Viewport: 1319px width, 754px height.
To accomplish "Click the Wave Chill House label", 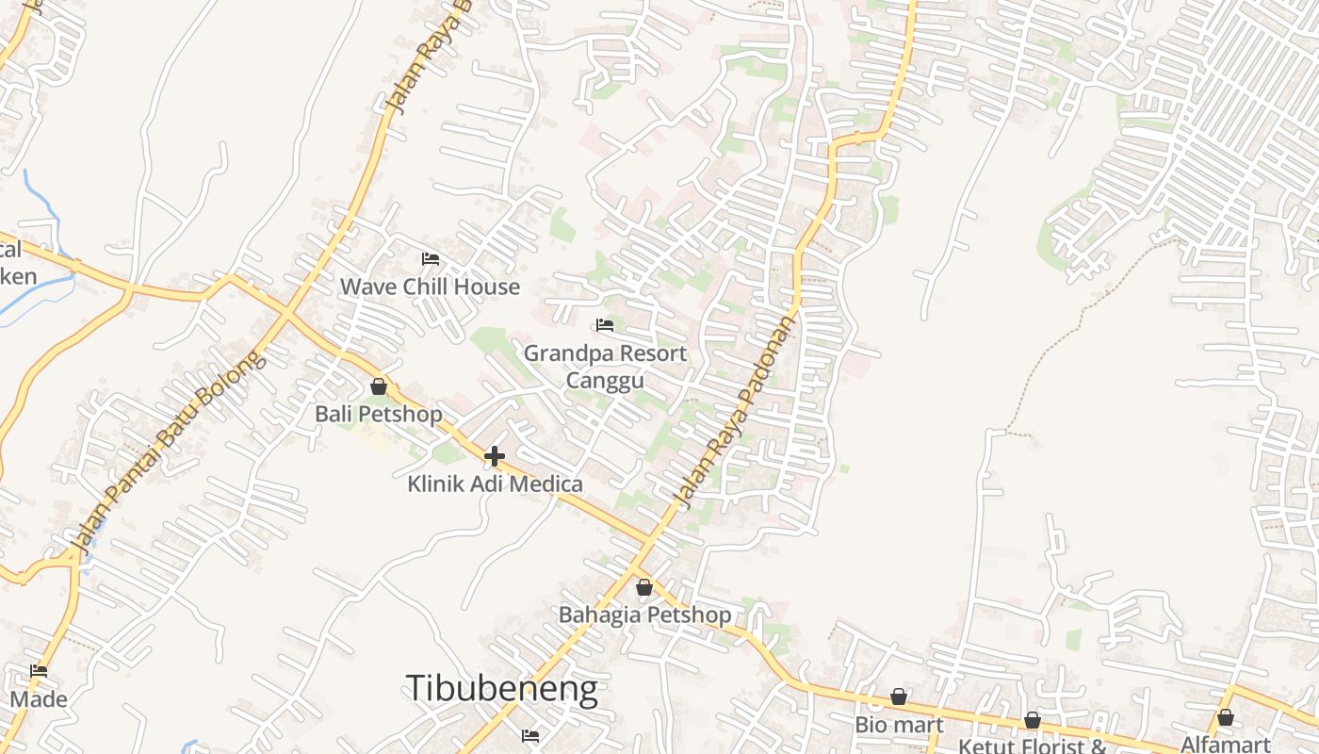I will click(430, 287).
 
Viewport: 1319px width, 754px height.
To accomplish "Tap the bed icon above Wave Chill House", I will click(431, 258).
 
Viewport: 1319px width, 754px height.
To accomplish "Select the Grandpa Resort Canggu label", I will click(605, 367).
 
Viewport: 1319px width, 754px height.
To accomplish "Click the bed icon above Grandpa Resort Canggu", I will click(605, 325).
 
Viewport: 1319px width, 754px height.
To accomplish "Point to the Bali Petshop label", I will click(378, 414).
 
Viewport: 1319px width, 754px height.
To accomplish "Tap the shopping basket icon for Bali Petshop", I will click(379, 386).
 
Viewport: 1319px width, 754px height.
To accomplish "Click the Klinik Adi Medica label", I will click(495, 484).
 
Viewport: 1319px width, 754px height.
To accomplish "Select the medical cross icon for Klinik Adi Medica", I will click(495, 457).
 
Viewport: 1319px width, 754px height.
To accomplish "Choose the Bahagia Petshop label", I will click(644, 615).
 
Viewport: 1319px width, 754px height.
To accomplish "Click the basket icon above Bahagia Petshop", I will click(644, 587).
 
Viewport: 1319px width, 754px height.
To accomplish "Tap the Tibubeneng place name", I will click(501, 689).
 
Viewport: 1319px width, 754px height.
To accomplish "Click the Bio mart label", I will click(899, 725).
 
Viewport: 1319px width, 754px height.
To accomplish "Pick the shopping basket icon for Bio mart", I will click(899, 697).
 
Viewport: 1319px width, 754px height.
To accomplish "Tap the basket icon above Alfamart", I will click(1225, 717).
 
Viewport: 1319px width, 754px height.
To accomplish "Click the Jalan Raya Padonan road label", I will click(735, 410).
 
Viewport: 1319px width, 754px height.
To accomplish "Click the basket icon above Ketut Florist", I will click(1033, 720).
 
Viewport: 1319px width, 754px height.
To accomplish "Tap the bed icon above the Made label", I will click(39, 671).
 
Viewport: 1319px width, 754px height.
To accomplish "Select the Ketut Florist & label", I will click(1033, 746).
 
